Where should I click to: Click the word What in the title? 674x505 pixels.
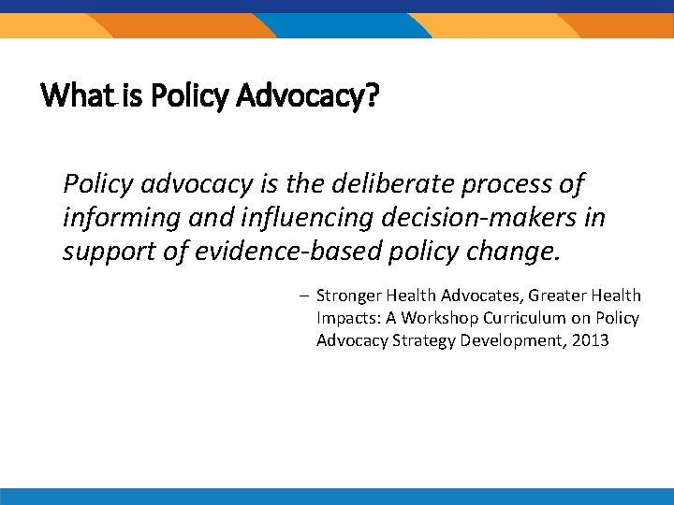(71, 94)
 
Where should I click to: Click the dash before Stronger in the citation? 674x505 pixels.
(305, 296)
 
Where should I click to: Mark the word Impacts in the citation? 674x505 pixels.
(347, 318)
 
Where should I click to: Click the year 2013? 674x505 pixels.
(590, 340)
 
